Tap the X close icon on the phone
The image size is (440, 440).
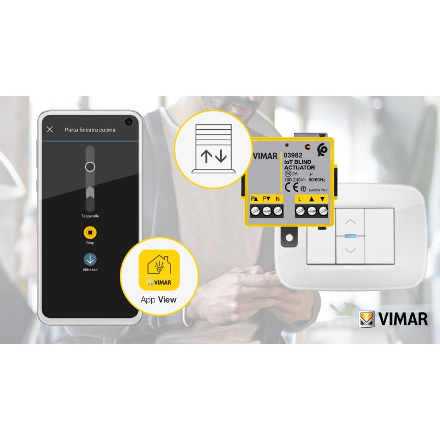50,130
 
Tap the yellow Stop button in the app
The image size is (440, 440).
90,232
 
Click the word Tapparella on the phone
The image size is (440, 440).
90,216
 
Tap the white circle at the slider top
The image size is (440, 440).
90,167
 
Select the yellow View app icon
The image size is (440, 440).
159,269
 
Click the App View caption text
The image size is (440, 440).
158,300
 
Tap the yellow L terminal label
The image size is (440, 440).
300,197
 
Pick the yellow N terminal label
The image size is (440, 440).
277,197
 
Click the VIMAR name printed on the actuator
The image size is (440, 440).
265,156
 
